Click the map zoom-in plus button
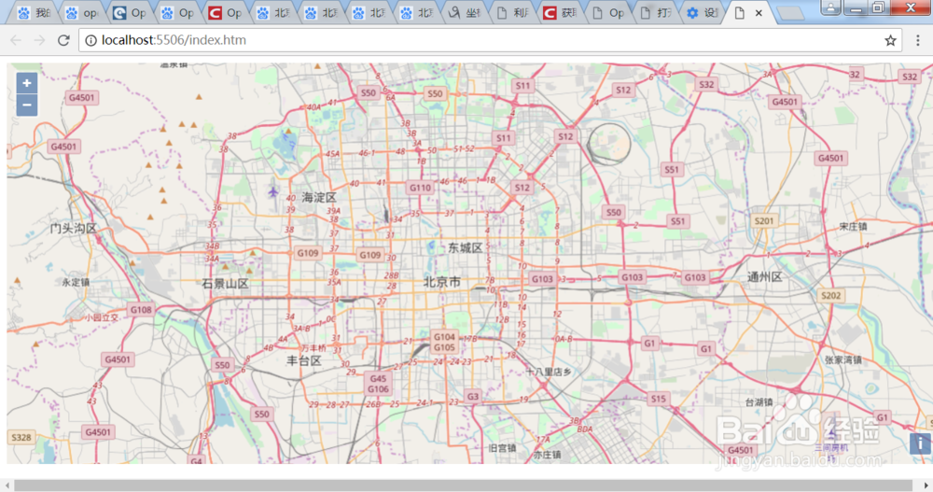[27, 83]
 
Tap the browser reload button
[63, 40]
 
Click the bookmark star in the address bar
[891, 40]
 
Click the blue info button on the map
[921, 443]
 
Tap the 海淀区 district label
[318, 197]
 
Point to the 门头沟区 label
[74, 228]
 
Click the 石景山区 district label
[225, 283]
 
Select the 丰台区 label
[303, 360]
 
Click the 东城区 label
[465, 247]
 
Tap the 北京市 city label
[442, 282]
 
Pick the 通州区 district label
[765, 277]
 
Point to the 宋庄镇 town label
[853, 226]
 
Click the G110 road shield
[420, 188]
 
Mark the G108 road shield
[141, 309]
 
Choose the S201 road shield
[764, 221]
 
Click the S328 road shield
[21, 437]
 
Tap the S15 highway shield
[659, 399]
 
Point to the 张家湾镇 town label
[843, 359]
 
